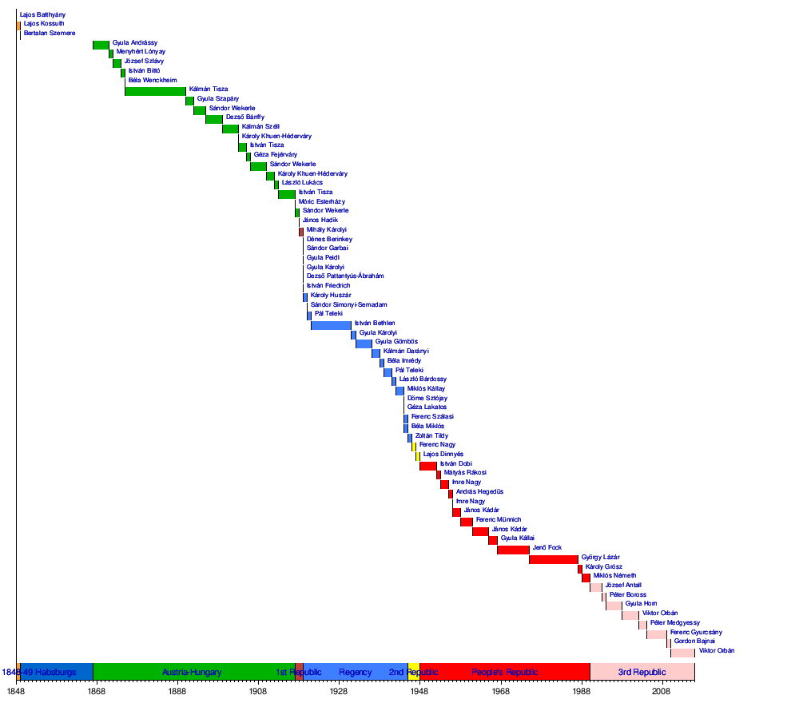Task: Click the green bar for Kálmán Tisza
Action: pos(155,91)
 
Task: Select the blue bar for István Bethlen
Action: pos(331,324)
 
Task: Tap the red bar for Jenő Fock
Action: pos(513,550)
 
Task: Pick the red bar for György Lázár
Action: pos(553,559)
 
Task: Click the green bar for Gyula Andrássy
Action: pos(101,45)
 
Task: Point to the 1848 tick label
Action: pos(16,690)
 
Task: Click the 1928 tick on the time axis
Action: pos(339,690)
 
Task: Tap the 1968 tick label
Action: pos(500,690)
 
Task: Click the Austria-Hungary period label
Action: pos(192,673)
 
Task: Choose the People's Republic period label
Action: pos(505,673)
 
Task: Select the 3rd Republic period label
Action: pos(642,673)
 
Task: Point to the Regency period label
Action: pos(356,673)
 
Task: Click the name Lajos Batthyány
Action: pos(43,14)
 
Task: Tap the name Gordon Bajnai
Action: pos(694,641)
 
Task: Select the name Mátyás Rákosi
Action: pos(465,473)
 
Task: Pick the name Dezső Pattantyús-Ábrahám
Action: pos(345,276)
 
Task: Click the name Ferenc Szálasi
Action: pos(432,417)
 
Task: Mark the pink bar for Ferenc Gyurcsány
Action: pos(657,634)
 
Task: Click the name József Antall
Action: pos(623,585)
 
